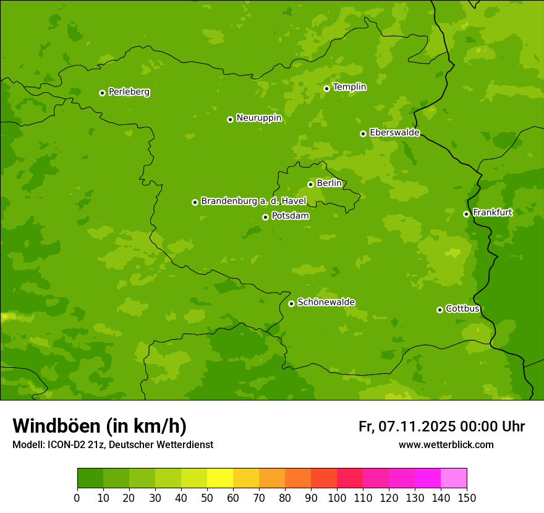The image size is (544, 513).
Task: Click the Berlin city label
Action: click(x=329, y=184)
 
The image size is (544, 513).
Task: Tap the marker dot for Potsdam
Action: click(x=265, y=217)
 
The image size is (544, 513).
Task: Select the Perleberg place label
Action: click(x=129, y=92)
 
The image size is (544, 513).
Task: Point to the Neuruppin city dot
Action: click(x=230, y=119)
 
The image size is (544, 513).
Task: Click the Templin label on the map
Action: click(x=349, y=87)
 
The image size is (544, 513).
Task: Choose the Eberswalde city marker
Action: click(x=363, y=134)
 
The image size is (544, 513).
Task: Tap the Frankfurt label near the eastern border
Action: click(x=492, y=213)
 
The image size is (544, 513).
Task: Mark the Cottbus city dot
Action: click(x=440, y=310)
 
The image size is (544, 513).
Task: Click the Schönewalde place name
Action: click(x=326, y=302)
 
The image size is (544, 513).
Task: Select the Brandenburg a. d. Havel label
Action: click(x=253, y=201)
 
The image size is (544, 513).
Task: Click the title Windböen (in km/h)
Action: click(x=100, y=426)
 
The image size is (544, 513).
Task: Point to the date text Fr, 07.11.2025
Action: click(x=407, y=426)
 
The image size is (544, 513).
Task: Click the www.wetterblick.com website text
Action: click(x=446, y=444)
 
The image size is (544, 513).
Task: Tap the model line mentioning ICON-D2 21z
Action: click(x=113, y=444)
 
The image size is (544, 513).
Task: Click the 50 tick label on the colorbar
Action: click(x=207, y=498)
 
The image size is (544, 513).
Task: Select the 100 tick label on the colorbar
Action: click(x=337, y=498)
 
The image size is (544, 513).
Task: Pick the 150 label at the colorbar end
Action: click(x=467, y=498)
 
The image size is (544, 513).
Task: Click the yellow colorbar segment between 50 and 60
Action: click(x=220, y=478)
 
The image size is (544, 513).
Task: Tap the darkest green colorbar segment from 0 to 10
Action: click(x=90, y=478)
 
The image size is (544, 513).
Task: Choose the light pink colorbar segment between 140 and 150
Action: click(x=454, y=478)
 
